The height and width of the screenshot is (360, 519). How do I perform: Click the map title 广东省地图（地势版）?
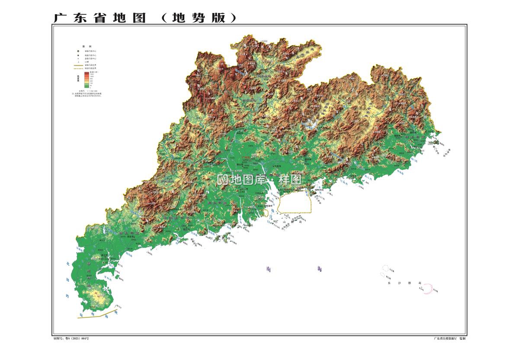(145, 17)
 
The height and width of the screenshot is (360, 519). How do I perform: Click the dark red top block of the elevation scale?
(86, 73)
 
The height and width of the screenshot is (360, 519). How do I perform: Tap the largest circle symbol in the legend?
(78, 51)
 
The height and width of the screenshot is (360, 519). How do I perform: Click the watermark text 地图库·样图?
(259, 180)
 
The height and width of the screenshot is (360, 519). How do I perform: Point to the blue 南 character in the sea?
(269, 269)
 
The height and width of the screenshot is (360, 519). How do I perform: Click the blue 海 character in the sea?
(320, 269)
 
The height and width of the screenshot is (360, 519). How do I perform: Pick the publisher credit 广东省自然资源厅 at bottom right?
(445, 338)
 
